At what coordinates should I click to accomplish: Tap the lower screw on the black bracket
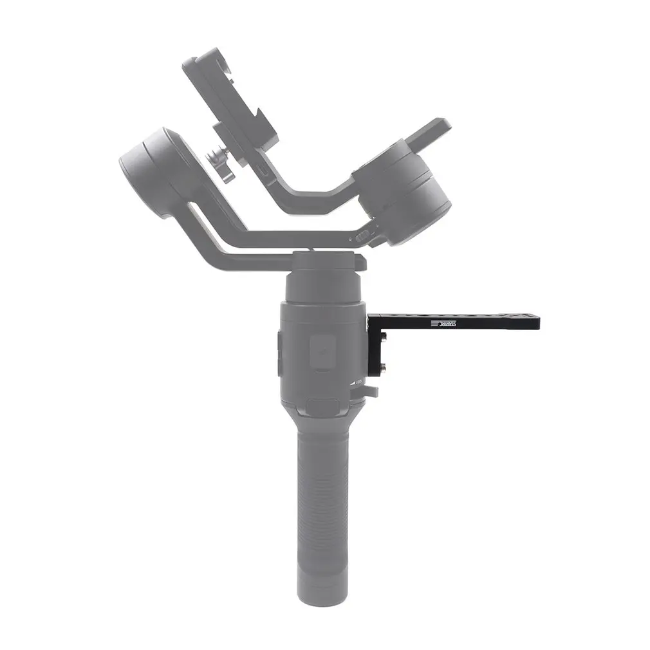[383, 367]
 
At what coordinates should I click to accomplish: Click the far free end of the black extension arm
[534, 322]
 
